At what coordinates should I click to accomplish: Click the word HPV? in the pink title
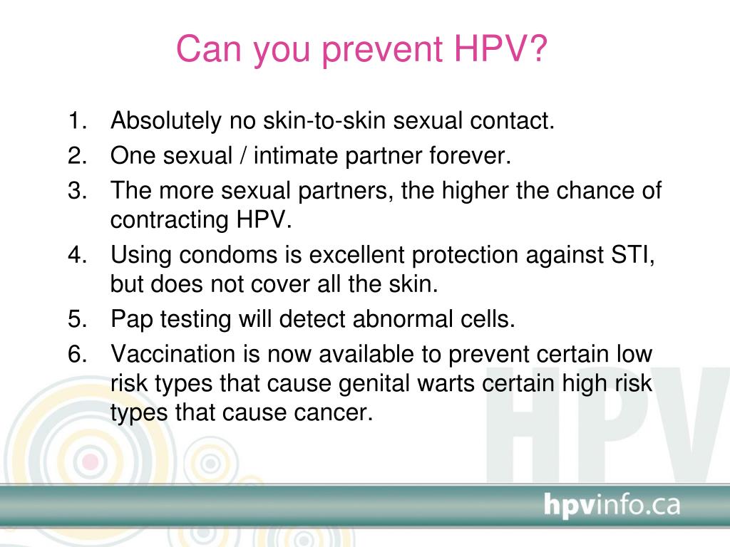tap(500, 49)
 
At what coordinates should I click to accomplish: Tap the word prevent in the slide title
tap(382, 51)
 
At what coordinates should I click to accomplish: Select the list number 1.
tap(77, 120)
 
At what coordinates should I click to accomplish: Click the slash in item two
tap(242, 155)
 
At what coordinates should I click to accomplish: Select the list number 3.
tap(77, 191)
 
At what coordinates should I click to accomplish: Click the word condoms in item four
tap(229, 255)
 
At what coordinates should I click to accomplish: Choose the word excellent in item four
tap(356, 255)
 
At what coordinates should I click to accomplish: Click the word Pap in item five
tap(132, 321)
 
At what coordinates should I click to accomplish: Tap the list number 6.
tap(77, 354)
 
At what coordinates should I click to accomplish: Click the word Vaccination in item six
tap(173, 354)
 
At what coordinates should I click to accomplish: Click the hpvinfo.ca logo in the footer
tap(612, 505)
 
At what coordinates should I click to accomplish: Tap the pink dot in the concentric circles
tap(91, 462)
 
